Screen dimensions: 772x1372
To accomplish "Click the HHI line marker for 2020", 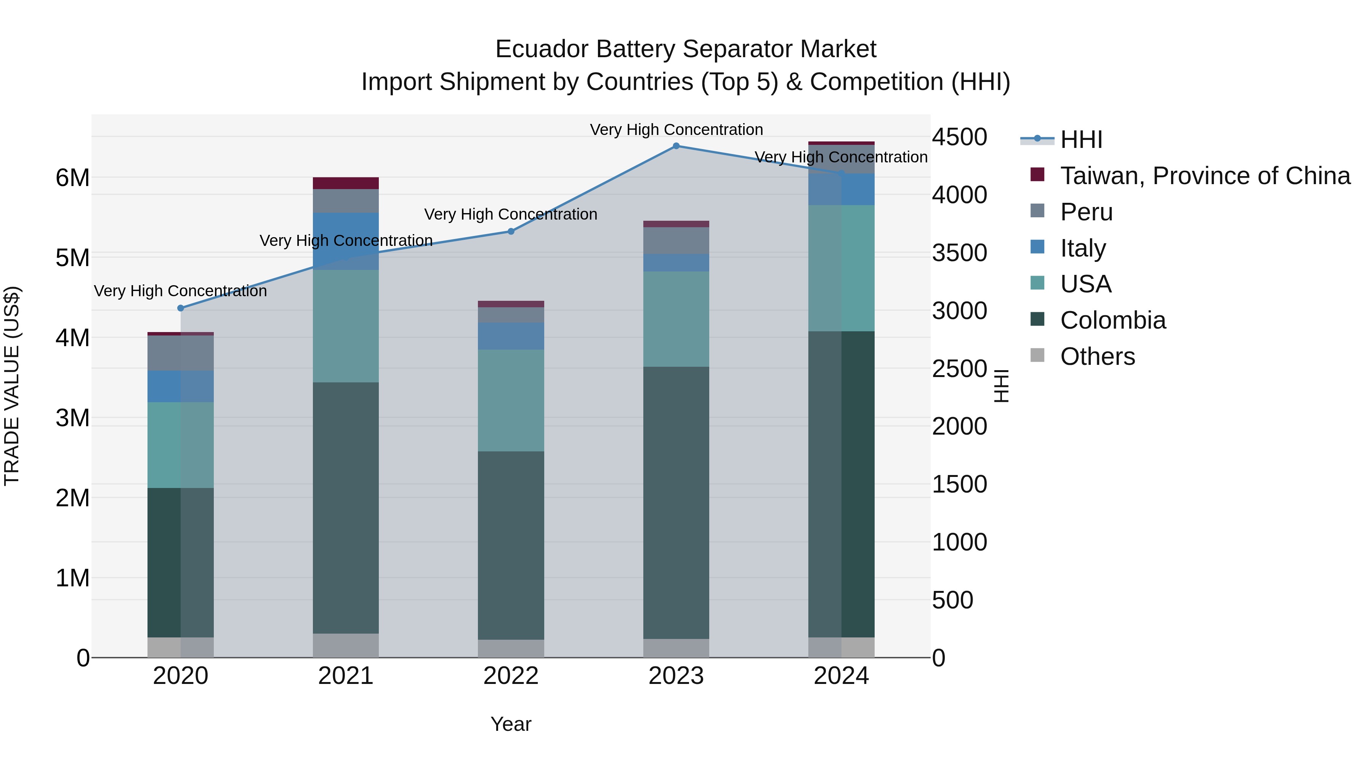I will click(x=181, y=308).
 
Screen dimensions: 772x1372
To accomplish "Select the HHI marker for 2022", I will click(x=511, y=231).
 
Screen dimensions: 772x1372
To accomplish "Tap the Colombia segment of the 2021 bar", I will click(x=346, y=506).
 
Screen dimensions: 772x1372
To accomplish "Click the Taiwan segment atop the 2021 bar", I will click(x=346, y=183).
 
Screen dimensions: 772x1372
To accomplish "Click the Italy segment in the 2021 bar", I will click(x=346, y=241).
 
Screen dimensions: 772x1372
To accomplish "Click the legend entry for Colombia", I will click(x=1112, y=320).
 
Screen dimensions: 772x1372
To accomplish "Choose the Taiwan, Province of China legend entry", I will click(x=1205, y=176).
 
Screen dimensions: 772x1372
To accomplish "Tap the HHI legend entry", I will click(x=1081, y=140).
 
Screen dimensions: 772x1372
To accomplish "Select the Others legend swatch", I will click(x=1037, y=355).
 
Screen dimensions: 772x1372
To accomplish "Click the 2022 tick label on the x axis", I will click(x=511, y=676).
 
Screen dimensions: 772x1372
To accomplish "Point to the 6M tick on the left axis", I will click(x=72, y=178).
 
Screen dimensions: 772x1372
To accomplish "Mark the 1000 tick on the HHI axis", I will click(x=959, y=542).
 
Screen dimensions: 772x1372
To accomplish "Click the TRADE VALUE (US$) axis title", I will click(x=12, y=386).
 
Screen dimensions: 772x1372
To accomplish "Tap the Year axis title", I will click(x=511, y=724).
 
